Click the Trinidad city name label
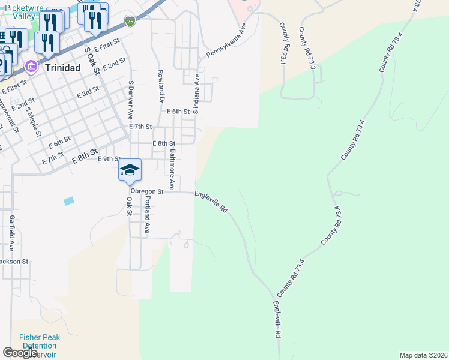63,68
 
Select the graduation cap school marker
130,170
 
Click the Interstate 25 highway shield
130,21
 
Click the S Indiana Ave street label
196,95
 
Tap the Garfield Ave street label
11,232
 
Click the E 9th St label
109,158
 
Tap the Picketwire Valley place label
20,11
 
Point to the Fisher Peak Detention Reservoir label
39,346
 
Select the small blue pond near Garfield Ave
68,200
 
